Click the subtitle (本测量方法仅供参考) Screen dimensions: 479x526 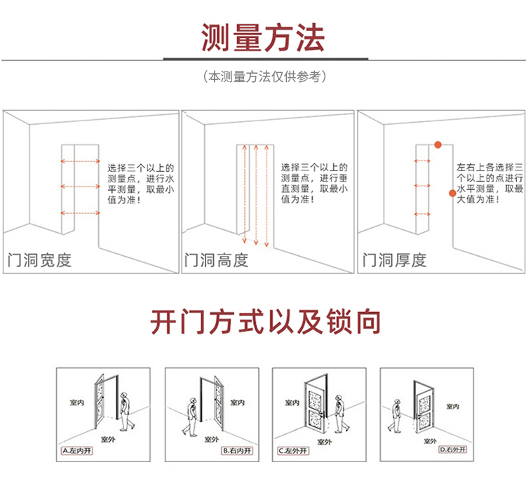[x=263, y=76]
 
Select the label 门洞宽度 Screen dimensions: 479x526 [x=39, y=261]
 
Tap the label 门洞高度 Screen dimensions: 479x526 [x=216, y=261]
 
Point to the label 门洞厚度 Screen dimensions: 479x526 [x=394, y=261]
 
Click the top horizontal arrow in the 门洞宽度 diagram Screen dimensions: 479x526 [x=81, y=161]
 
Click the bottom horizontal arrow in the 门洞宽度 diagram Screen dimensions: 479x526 [x=81, y=212]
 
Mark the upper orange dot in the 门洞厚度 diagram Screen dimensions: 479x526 [x=438, y=144]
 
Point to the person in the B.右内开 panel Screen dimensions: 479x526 [x=189, y=414]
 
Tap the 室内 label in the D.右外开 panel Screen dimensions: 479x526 [x=453, y=406]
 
